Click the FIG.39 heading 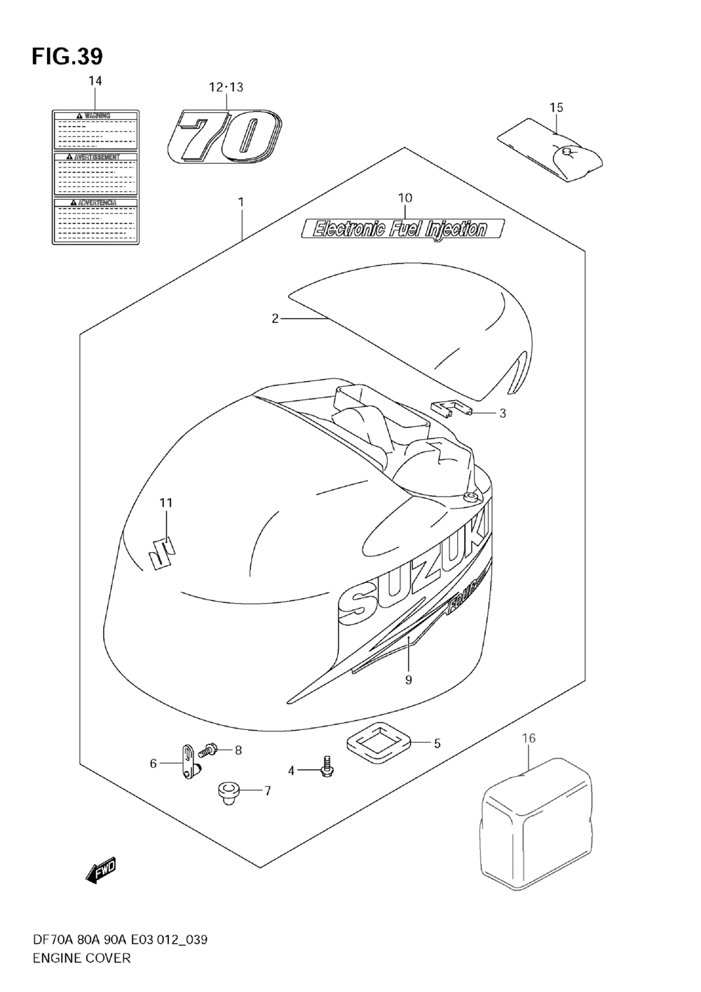point(67,55)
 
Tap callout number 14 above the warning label point(95,81)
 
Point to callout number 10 point(404,198)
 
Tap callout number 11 point(165,502)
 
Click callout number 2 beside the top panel point(275,319)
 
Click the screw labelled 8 point(207,751)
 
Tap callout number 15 point(556,107)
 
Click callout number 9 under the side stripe point(408,679)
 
